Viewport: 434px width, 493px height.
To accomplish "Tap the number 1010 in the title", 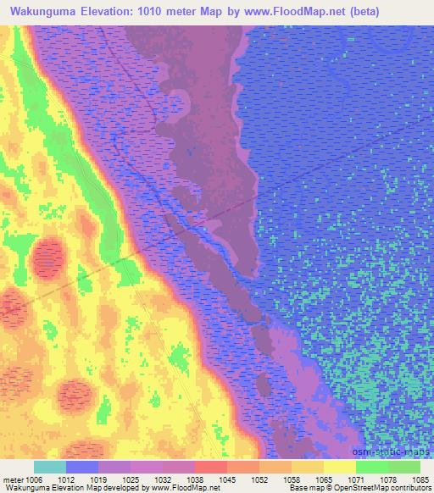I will coord(148,12).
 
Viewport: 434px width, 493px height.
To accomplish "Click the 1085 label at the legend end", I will coord(420,479).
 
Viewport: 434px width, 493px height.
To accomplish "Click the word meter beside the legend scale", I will coord(14,479).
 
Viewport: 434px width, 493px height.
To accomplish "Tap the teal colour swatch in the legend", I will coord(50,467).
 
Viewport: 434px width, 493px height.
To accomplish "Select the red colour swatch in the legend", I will coord(211,467).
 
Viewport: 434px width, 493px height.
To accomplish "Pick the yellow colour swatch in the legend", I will coord(340,467).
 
